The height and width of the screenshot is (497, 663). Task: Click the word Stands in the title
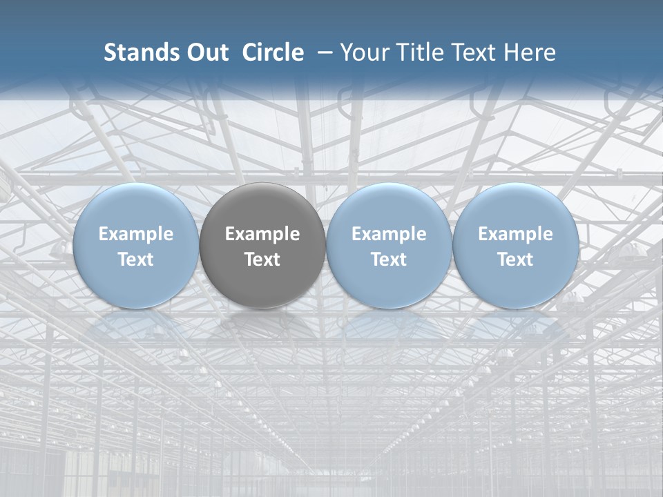click(x=140, y=52)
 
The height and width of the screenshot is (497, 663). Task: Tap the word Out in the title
click(x=208, y=52)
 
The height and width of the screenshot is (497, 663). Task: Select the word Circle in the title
click(x=273, y=52)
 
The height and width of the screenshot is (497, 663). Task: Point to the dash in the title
click(x=323, y=52)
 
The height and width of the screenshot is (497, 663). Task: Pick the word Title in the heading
click(x=416, y=52)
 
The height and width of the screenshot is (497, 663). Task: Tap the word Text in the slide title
click(x=470, y=52)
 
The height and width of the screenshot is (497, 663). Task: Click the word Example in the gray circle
click(x=262, y=234)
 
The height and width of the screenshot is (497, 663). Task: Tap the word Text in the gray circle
click(x=262, y=260)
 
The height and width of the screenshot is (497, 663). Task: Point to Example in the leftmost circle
click(x=136, y=234)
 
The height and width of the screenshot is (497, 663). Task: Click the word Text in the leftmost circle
click(x=136, y=260)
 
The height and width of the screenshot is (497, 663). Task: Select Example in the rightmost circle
click(x=515, y=234)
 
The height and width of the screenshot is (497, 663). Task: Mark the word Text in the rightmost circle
click(x=515, y=260)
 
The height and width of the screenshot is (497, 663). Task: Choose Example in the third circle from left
click(x=389, y=234)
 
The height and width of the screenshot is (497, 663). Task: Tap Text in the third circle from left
click(x=389, y=260)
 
